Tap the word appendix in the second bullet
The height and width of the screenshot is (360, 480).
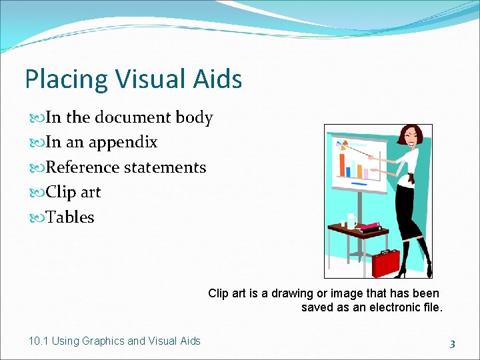click(124, 142)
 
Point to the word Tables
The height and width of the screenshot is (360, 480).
click(70, 217)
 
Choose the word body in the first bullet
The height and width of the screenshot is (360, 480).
click(194, 117)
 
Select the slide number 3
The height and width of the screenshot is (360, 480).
click(452, 344)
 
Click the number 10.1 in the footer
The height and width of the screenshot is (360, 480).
click(39, 341)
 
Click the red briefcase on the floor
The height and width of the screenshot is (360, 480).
click(385, 263)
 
